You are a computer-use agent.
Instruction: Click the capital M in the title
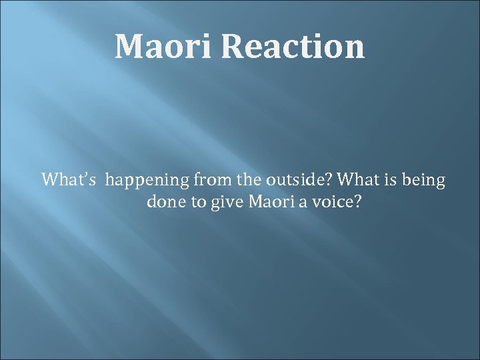pyautogui.click(x=129, y=47)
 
